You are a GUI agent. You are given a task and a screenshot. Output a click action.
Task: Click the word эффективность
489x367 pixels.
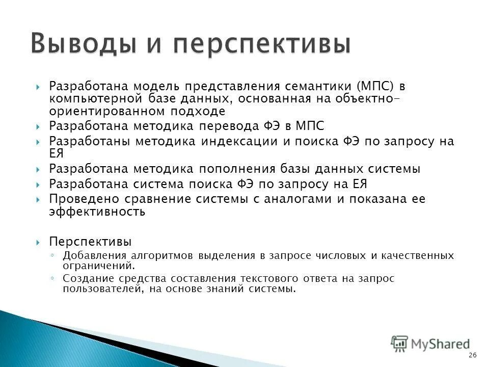[97, 212]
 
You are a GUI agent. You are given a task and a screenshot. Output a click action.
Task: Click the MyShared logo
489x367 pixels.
[430, 344]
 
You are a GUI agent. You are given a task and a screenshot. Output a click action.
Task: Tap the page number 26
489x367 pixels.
[472, 355]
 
